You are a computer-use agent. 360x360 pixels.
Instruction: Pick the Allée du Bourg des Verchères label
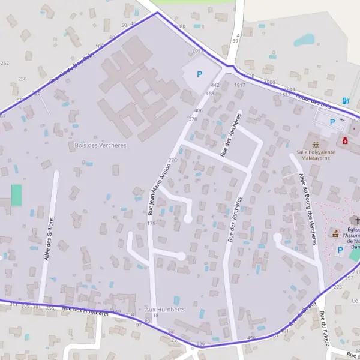point(306,208)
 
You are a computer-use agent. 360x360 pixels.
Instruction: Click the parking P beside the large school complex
point(200,74)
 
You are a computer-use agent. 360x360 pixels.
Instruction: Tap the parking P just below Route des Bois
point(332,122)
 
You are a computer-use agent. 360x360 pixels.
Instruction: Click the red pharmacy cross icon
point(345,141)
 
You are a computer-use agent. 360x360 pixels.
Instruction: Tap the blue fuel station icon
point(345,100)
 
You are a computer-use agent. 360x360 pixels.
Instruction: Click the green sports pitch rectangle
point(16,195)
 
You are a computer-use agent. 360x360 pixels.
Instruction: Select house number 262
point(5,64)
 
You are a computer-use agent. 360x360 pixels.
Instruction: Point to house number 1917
point(239,85)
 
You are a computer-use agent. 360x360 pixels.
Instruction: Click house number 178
point(151,224)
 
